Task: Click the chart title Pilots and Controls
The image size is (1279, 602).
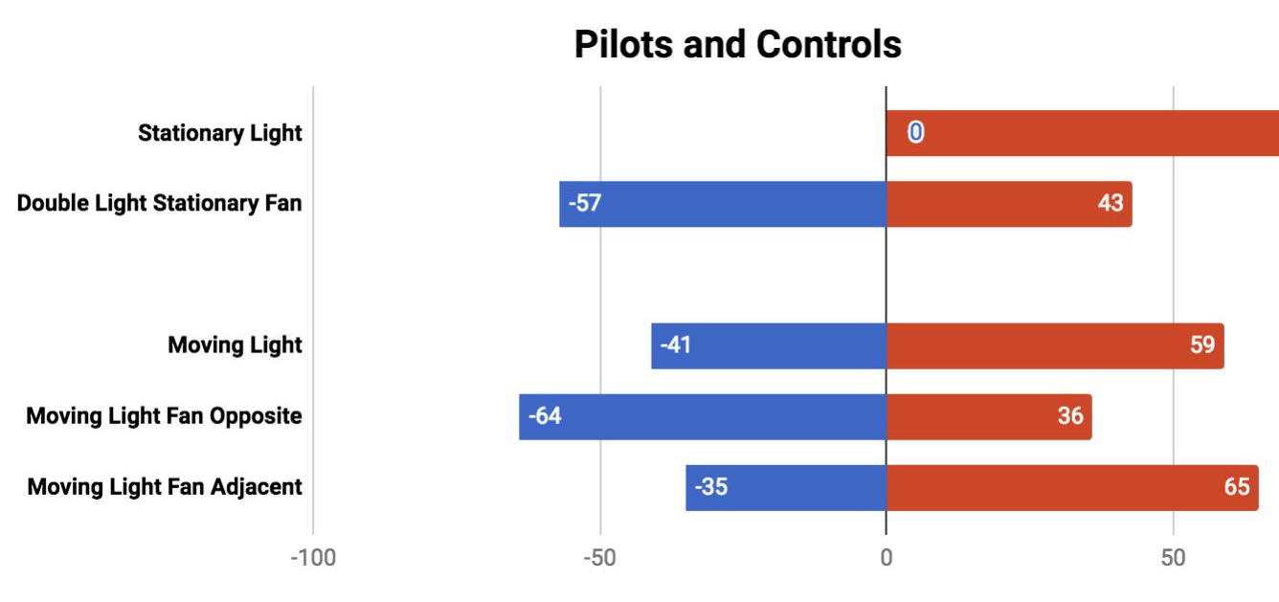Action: click(x=737, y=45)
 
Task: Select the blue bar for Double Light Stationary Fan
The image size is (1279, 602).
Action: click(x=723, y=204)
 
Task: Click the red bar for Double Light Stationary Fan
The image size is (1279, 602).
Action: click(x=1009, y=204)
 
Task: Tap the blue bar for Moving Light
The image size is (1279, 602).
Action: click(x=769, y=346)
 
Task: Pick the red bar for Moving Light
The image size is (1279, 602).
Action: click(x=1055, y=346)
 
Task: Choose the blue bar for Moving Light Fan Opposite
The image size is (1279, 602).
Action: click(x=703, y=416)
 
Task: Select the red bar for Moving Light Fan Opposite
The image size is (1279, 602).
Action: click(x=989, y=416)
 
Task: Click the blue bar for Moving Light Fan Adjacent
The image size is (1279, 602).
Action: click(x=786, y=487)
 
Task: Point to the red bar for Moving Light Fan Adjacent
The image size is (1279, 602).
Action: click(x=1072, y=487)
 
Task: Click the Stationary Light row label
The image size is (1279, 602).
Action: click(x=220, y=133)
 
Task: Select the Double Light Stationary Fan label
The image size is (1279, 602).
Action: click(x=160, y=204)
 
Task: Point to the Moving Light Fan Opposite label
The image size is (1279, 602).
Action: click(x=164, y=416)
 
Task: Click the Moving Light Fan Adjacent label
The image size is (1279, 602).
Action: click(x=165, y=487)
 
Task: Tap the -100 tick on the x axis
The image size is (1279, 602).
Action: click(x=313, y=558)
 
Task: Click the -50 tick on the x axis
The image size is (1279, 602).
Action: click(x=600, y=558)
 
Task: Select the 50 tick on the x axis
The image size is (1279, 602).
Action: click(x=1174, y=558)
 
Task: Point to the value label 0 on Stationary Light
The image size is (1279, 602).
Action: click(x=916, y=133)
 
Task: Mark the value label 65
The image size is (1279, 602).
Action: click(x=1236, y=487)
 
